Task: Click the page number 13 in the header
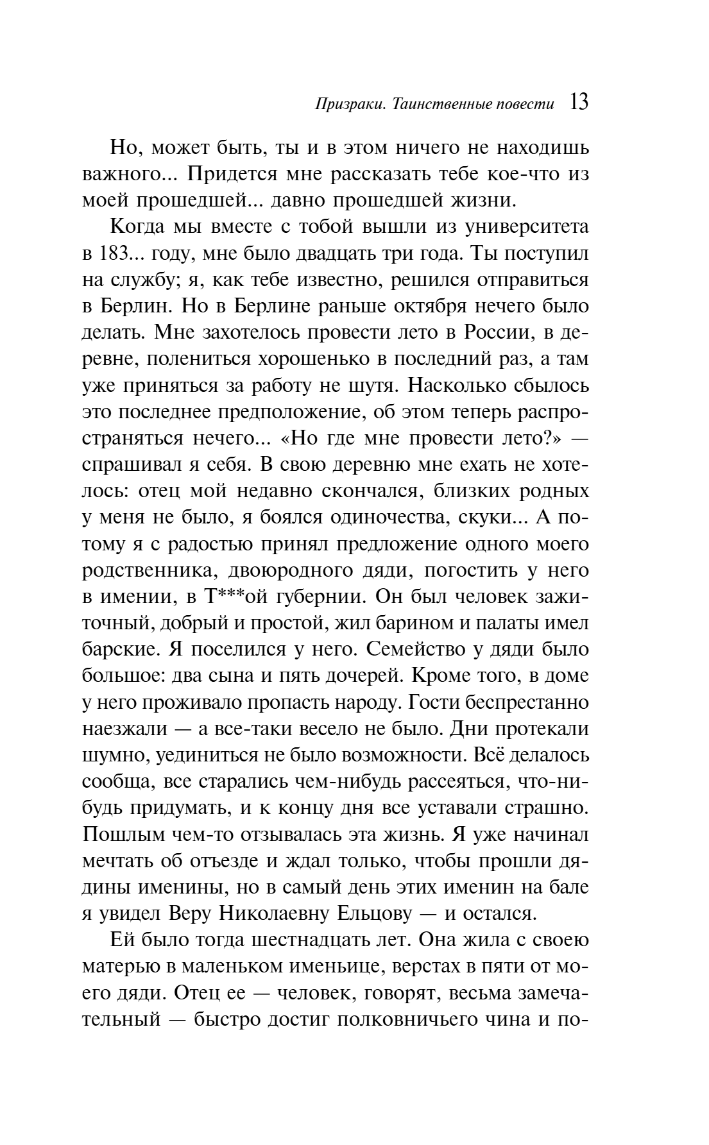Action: (x=578, y=103)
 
